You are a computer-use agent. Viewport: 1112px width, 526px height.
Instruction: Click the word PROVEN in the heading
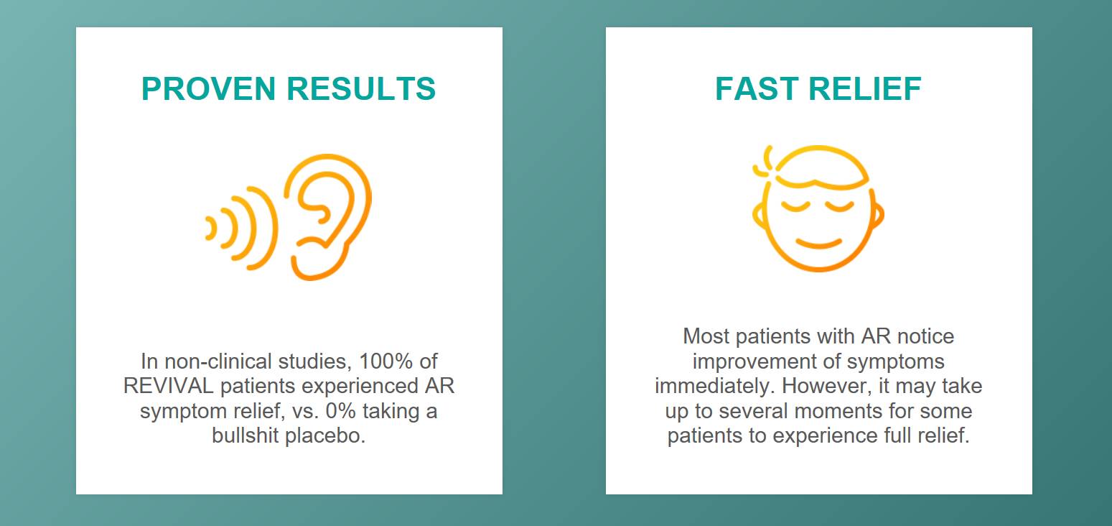point(208,89)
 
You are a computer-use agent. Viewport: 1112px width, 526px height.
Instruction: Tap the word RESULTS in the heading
point(361,89)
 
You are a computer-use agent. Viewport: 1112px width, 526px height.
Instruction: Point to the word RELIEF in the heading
point(865,89)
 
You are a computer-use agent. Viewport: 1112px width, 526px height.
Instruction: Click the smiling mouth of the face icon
point(818,244)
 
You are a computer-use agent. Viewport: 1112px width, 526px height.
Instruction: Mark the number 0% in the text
point(340,411)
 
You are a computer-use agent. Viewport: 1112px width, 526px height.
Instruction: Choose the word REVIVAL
point(168,386)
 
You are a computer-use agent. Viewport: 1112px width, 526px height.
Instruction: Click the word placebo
point(325,435)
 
